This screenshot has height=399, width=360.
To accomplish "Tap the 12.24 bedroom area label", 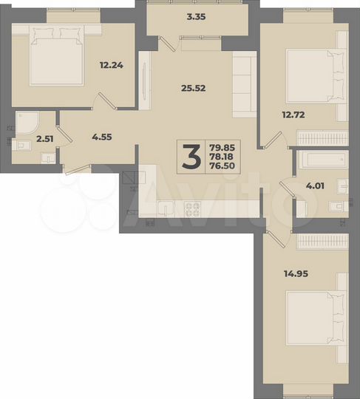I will (111, 64).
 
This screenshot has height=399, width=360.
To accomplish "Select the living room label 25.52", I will (191, 87).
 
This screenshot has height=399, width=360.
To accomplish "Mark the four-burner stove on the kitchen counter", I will (194, 210).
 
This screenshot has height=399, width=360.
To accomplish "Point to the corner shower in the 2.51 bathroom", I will (30, 123).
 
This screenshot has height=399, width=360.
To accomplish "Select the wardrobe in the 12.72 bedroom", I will (322, 139).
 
